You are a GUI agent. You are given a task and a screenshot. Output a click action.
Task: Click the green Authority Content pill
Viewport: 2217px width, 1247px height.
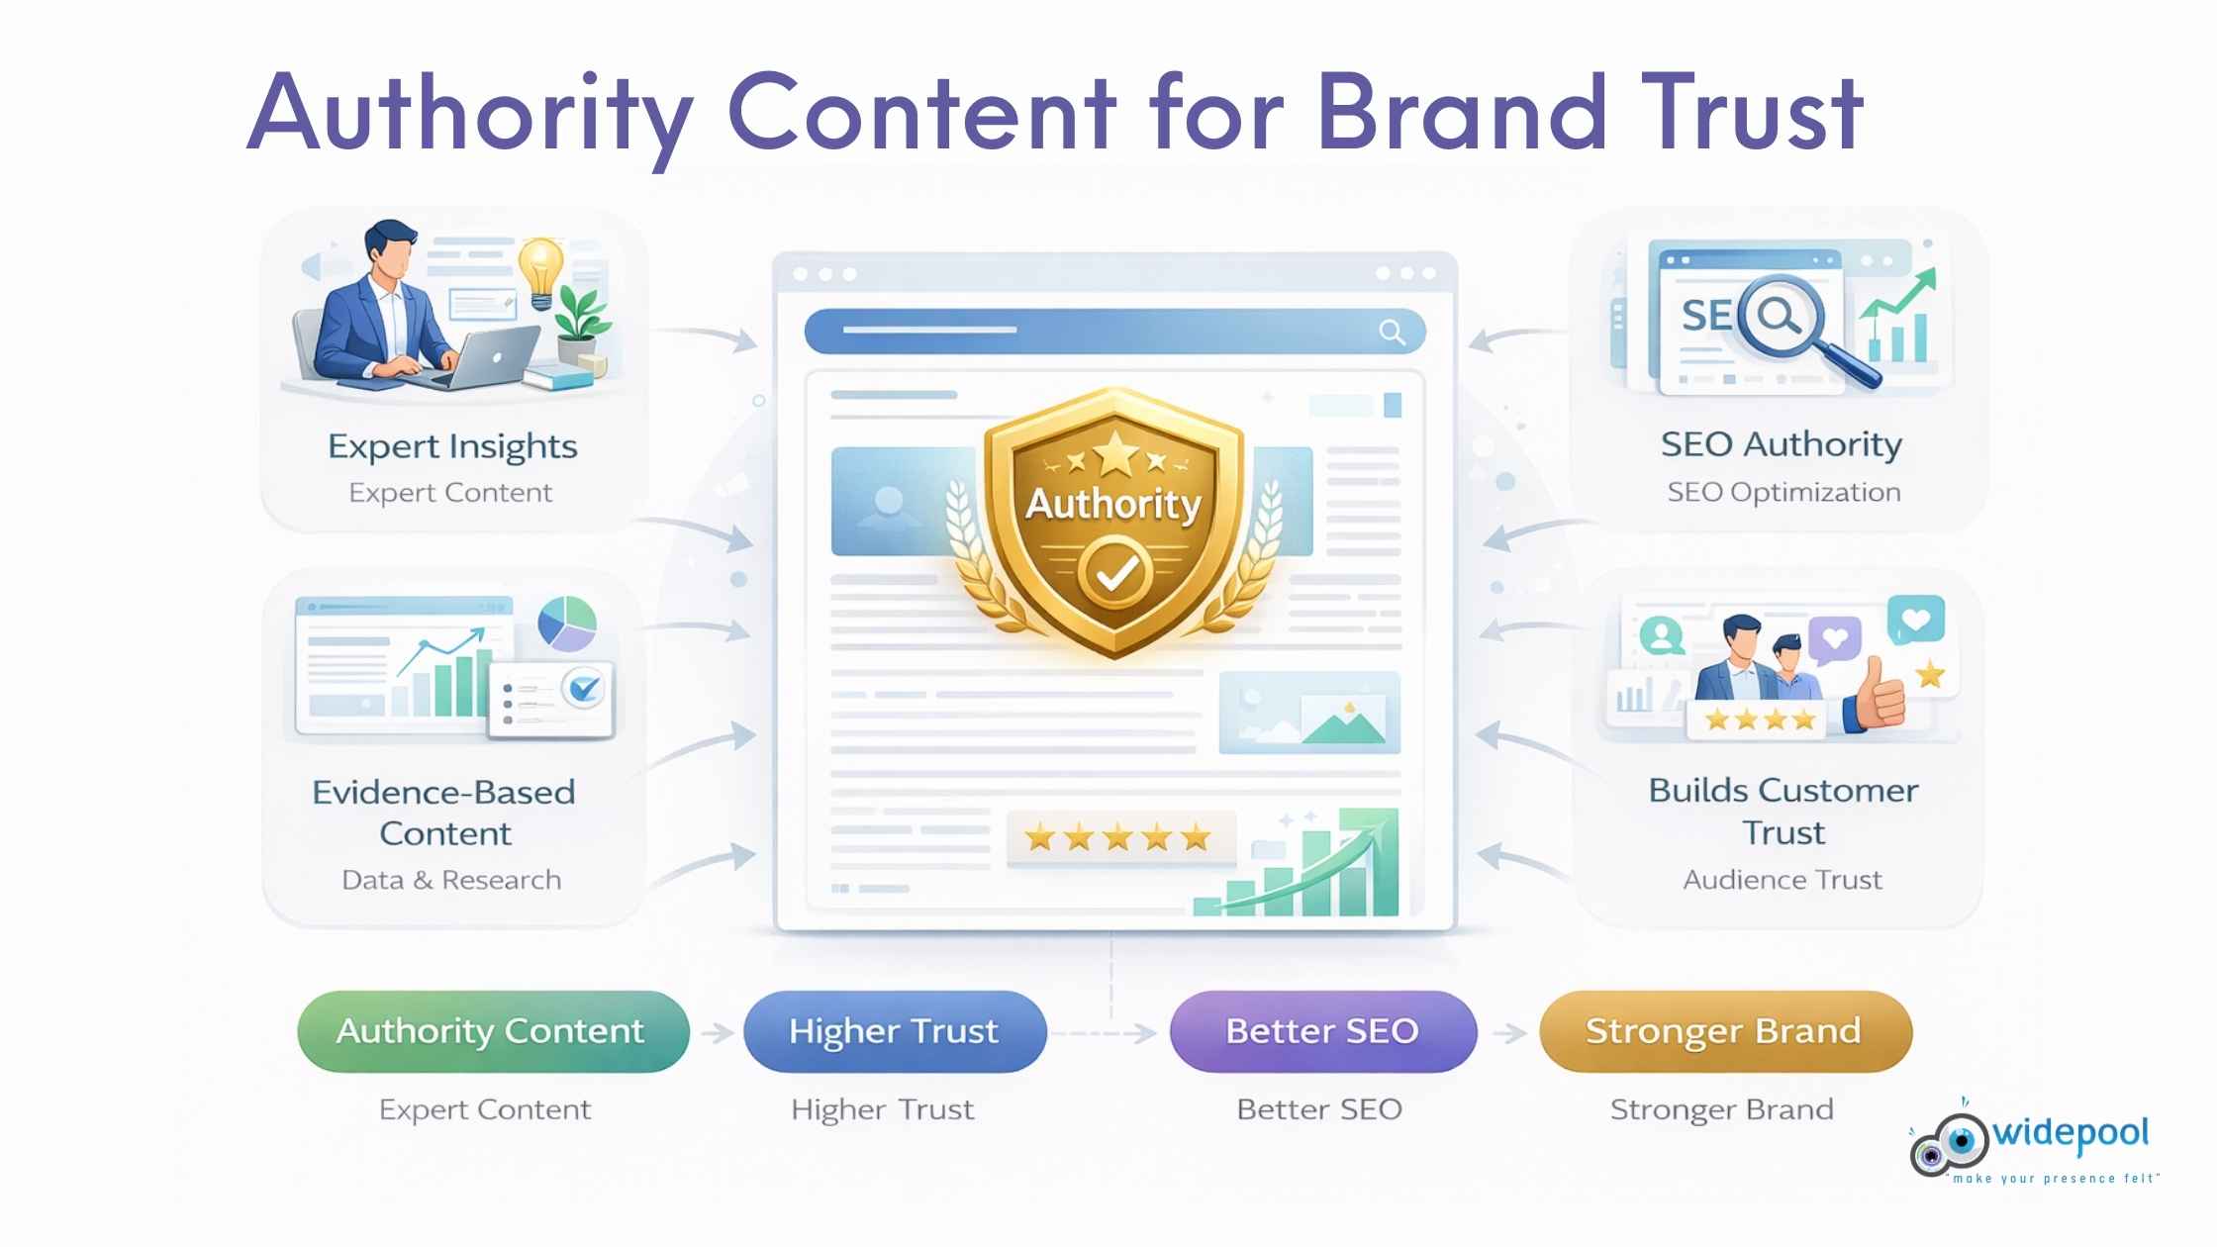click(492, 1031)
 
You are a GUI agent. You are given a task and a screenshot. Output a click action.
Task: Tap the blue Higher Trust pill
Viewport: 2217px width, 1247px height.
click(894, 1031)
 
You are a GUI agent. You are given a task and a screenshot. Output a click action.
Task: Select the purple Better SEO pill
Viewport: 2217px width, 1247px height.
click(1322, 1031)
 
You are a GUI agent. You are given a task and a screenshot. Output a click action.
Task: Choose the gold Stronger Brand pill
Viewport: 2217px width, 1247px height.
click(1724, 1031)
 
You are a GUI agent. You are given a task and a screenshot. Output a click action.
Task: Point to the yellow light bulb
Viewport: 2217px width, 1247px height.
click(540, 268)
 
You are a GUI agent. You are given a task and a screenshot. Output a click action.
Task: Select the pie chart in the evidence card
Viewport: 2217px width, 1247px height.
click(567, 623)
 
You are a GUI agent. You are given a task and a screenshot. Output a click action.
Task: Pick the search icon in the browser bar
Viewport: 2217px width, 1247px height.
click(1392, 333)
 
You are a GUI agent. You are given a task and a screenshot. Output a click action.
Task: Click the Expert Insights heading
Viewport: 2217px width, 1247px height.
click(452, 446)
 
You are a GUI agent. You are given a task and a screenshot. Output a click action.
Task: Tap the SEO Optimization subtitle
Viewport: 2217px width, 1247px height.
click(1783, 492)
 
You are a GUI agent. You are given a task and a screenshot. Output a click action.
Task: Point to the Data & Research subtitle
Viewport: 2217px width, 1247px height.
click(451, 880)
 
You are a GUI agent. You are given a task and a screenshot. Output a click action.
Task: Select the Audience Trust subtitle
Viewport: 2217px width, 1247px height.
click(1783, 880)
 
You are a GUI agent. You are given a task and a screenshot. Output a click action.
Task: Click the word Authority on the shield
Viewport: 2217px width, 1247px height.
click(1113, 504)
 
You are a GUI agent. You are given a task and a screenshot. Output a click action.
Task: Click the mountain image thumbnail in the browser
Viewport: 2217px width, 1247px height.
click(1309, 713)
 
